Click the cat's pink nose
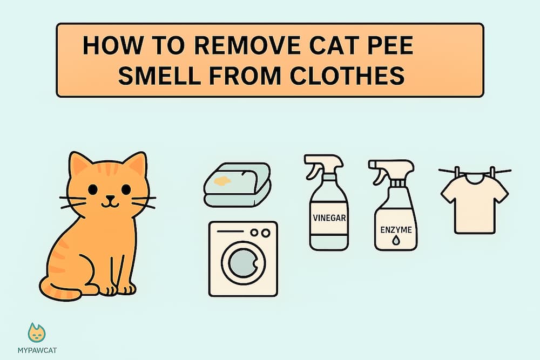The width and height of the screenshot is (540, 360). (110, 197)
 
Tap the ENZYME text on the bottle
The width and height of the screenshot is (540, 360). (395, 230)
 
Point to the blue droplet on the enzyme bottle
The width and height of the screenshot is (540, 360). (395, 241)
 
